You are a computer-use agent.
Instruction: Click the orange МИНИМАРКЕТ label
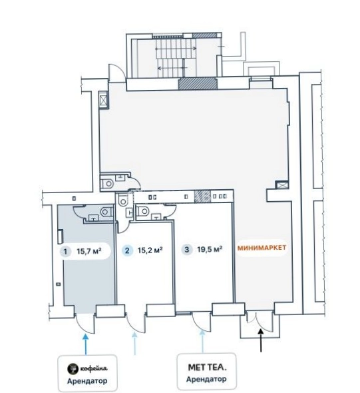pos(262,248)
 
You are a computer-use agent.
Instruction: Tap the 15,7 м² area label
pos(89,251)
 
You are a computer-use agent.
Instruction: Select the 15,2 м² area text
pos(150,250)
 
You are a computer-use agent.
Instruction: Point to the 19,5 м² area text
pos(210,249)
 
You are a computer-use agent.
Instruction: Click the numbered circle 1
pos(66,251)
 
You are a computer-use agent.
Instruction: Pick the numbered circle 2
pos(127,250)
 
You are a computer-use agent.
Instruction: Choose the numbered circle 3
pos(187,250)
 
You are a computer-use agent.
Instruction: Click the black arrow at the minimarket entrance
pos(261,340)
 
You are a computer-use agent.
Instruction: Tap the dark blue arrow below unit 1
pos(86,344)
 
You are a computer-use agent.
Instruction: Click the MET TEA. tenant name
pos(207,368)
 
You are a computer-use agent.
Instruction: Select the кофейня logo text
pos(94,368)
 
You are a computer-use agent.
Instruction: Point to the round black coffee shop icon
pos(73,369)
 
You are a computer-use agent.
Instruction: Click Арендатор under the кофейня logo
pos(87,381)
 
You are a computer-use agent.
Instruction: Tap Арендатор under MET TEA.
pos(206,379)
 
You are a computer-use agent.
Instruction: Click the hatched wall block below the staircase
pos(198,84)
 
